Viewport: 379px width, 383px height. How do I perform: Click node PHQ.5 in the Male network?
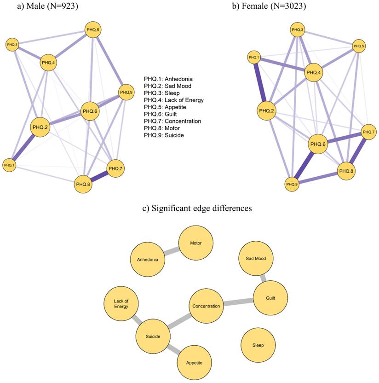coord(93,30)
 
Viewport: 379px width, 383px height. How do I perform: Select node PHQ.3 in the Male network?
coord(12,45)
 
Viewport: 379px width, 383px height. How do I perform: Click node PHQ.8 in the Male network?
coord(83,185)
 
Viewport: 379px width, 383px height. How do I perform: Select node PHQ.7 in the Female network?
coord(368,132)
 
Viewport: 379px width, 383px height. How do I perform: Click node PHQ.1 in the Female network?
coord(253,58)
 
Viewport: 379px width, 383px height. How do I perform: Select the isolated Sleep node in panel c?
coord(258,345)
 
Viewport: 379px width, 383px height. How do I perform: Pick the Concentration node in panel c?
coord(206,306)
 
